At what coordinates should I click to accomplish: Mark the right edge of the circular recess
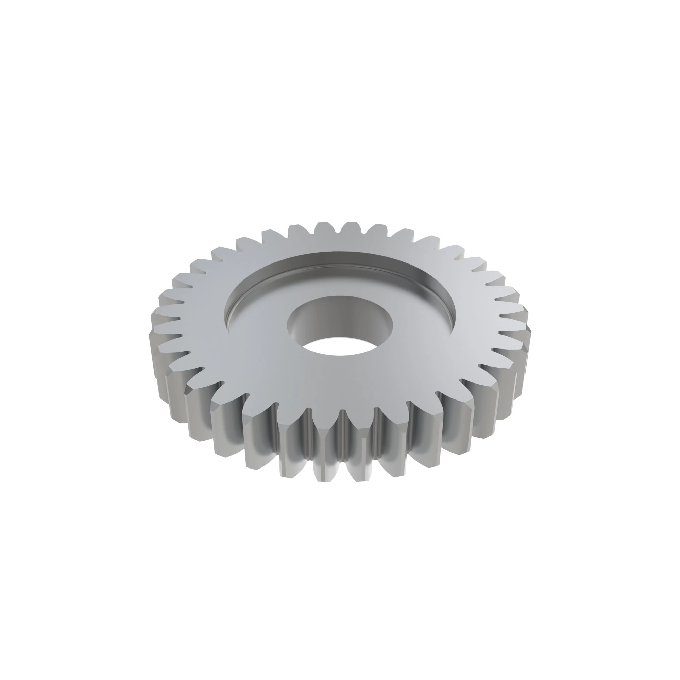454,310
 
